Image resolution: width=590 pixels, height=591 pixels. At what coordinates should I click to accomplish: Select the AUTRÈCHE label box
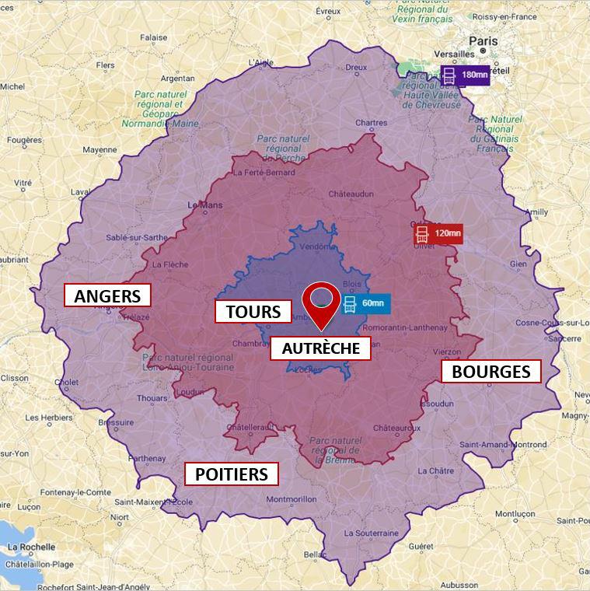click(x=320, y=348)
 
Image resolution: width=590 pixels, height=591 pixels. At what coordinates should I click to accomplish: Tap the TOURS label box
click(x=253, y=312)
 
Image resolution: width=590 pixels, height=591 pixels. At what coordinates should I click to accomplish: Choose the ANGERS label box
click(x=107, y=295)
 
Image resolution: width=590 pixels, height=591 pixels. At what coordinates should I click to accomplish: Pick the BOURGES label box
click(x=491, y=372)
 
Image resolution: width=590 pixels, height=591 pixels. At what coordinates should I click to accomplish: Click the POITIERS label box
click(x=231, y=474)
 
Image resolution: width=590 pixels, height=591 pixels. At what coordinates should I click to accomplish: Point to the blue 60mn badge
click(x=365, y=303)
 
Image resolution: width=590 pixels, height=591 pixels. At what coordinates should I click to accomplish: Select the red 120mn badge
click(x=438, y=233)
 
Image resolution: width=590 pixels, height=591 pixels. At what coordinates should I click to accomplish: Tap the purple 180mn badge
click(x=465, y=75)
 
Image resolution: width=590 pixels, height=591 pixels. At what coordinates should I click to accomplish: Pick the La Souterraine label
click(x=372, y=533)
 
